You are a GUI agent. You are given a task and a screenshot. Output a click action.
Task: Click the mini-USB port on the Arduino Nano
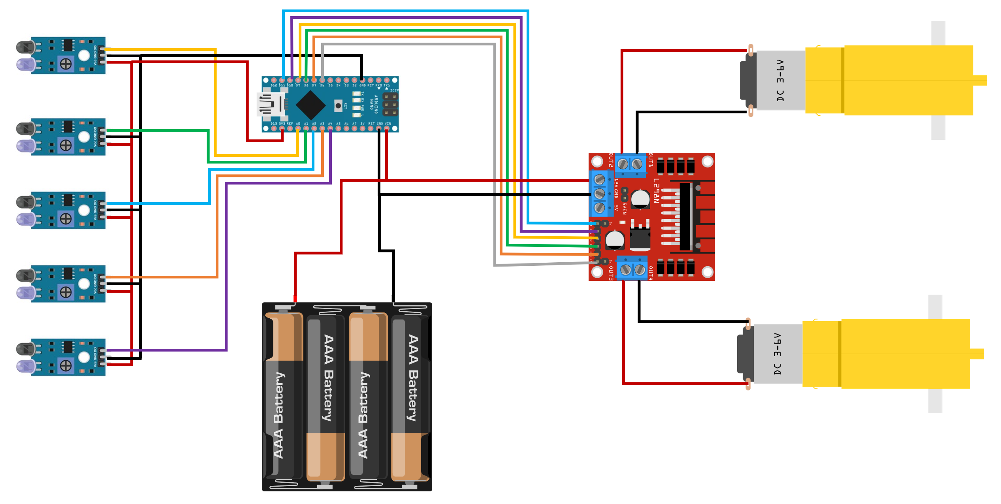coord(270,105)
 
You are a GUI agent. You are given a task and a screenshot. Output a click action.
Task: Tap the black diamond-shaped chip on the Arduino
coord(310,105)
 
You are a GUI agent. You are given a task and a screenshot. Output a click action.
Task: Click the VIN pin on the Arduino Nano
coord(387,128)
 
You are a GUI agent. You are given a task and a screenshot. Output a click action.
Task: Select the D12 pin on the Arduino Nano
coord(274,80)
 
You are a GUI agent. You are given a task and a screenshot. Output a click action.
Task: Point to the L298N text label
coord(656,191)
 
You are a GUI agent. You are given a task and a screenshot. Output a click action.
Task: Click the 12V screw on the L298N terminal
coord(600,180)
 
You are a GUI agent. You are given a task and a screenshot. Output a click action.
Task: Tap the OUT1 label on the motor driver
coord(651,160)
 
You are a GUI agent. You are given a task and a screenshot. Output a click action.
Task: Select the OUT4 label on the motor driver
coord(651,273)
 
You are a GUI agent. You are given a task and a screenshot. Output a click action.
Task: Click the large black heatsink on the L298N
coord(686,216)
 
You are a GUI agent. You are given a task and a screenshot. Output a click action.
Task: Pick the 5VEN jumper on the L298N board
coord(624,194)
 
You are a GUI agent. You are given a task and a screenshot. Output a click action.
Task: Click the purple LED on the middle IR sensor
coord(25,220)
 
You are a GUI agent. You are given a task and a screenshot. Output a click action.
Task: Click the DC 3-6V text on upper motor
coord(780,81)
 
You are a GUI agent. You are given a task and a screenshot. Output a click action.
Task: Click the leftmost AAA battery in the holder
coord(283,395)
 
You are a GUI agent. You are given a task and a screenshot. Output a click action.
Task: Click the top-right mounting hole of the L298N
coord(707,162)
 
